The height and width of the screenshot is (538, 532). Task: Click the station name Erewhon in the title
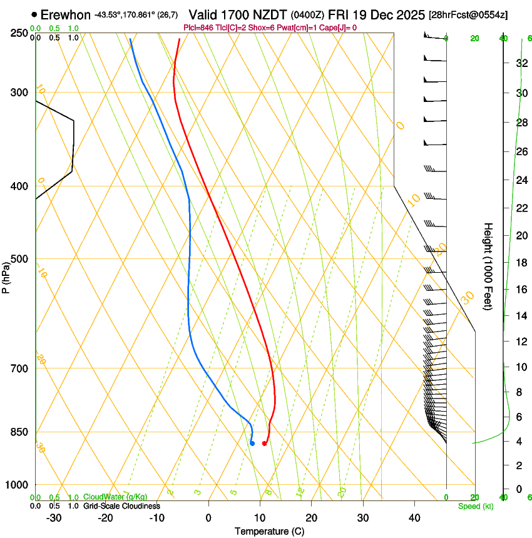[65, 14]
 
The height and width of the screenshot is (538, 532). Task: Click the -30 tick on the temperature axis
[54, 518]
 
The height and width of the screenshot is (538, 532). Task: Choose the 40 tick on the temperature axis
[414, 518]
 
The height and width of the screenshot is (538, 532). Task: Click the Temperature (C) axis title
[269, 531]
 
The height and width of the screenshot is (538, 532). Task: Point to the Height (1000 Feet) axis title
[488, 266]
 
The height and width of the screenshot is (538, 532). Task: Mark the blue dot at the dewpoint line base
[252, 444]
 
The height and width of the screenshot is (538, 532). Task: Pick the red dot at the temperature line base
[264, 444]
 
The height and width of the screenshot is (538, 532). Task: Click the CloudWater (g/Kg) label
[115, 497]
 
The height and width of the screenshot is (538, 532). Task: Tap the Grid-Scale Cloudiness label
[121, 505]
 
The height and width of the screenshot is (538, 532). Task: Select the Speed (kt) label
[475, 505]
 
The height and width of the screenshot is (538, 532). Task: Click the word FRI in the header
[348, 14]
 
